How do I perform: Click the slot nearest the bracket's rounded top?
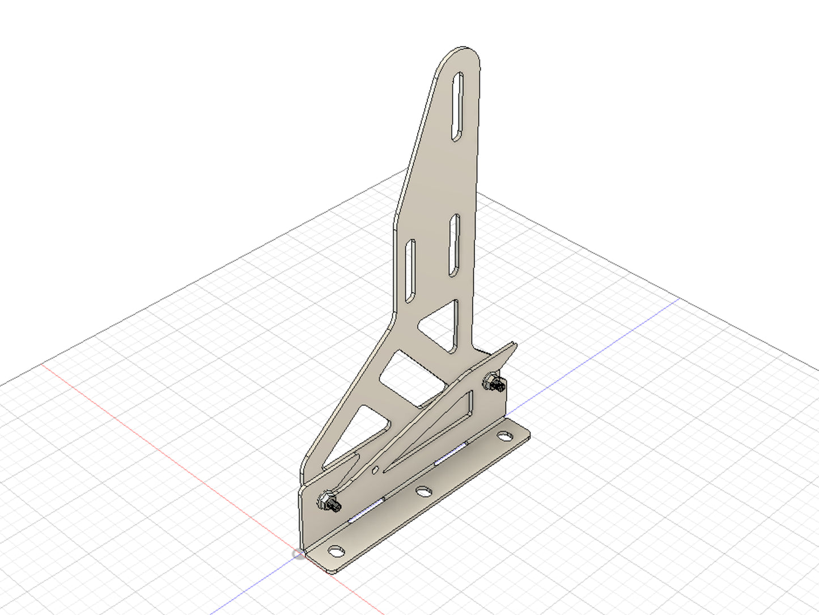point(457,106)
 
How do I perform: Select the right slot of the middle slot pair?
point(454,246)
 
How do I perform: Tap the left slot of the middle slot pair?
point(409,271)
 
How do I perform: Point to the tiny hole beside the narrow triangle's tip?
point(375,470)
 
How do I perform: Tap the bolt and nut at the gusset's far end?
point(494,383)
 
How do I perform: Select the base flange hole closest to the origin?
point(336,551)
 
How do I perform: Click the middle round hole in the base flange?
point(423,491)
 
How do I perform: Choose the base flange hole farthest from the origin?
point(504,436)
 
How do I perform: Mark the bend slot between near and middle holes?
point(366,510)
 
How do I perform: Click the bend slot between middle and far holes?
point(451,453)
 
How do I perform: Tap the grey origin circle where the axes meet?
point(298,554)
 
